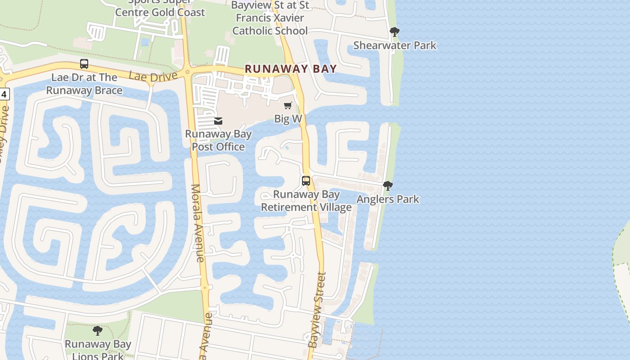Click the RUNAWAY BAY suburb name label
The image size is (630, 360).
(x=291, y=69)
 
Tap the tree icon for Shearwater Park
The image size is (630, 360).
(x=395, y=32)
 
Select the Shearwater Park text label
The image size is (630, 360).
(x=395, y=45)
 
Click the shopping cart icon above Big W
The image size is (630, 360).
(x=288, y=106)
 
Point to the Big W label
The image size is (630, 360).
(x=288, y=119)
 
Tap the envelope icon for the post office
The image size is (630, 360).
(x=218, y=121)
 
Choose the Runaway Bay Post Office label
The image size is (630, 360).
(x=218, y=140)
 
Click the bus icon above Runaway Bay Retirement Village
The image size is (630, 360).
(x=306, y=181)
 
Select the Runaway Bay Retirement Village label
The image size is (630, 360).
(x=306, y=201)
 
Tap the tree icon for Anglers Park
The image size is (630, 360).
(x=387, y=185)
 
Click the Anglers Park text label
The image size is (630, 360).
(x=388, y=199)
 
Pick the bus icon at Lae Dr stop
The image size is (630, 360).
(x=84, y=64)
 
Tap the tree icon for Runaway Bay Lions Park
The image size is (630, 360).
(x=98, y=331)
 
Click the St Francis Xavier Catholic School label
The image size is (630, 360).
(x=270, y=18)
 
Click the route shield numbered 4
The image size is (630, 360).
(x=4, y=94)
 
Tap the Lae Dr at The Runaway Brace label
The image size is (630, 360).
(x=84, y=84)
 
